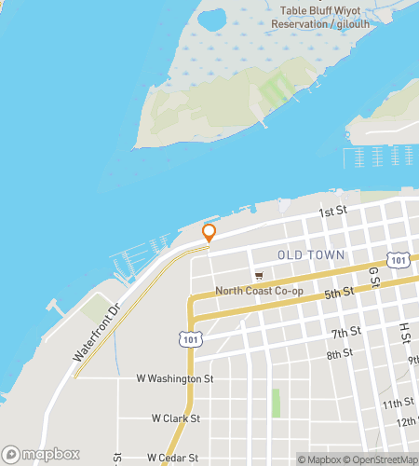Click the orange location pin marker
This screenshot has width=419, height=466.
(x=209, y=233)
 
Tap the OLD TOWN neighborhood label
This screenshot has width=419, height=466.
(x=311, y=254)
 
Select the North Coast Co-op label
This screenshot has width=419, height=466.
(x=259, y=292)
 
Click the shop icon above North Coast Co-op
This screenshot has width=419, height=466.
(x=259, y=276)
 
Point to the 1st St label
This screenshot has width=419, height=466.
(x=332, y=212)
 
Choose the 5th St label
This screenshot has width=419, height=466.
(x=340, y=293)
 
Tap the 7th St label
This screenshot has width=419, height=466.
(x=345, y=333)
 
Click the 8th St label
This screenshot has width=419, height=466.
(x=340, y=353)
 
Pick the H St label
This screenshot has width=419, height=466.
(x=405, y=331)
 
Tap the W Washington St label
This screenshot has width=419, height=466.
(x=175, y=379)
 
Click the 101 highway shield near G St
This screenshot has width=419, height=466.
(x=399, y=260)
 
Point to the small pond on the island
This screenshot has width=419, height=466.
(x=209, y=20)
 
